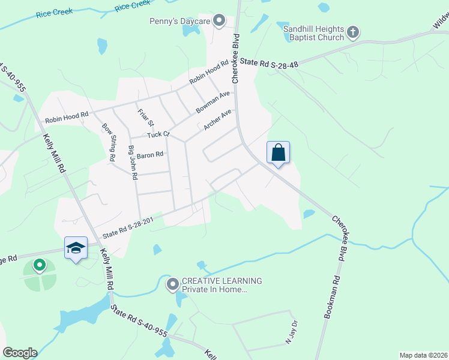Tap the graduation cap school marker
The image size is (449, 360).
coord(76,247)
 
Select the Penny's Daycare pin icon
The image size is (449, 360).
coord(220,21)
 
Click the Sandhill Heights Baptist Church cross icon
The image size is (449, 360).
coord(353,31)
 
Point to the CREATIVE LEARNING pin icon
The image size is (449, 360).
coord(173,284)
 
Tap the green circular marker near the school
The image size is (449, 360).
coord(40,264)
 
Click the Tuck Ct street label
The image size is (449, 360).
coord(159,134)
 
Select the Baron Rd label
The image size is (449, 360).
coord(150,155)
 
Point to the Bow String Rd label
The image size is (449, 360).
coord(109,142)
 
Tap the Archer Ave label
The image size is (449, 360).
coord(217,119)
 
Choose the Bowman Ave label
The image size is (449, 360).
coord(212,103)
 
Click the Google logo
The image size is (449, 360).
coord(20,353)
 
